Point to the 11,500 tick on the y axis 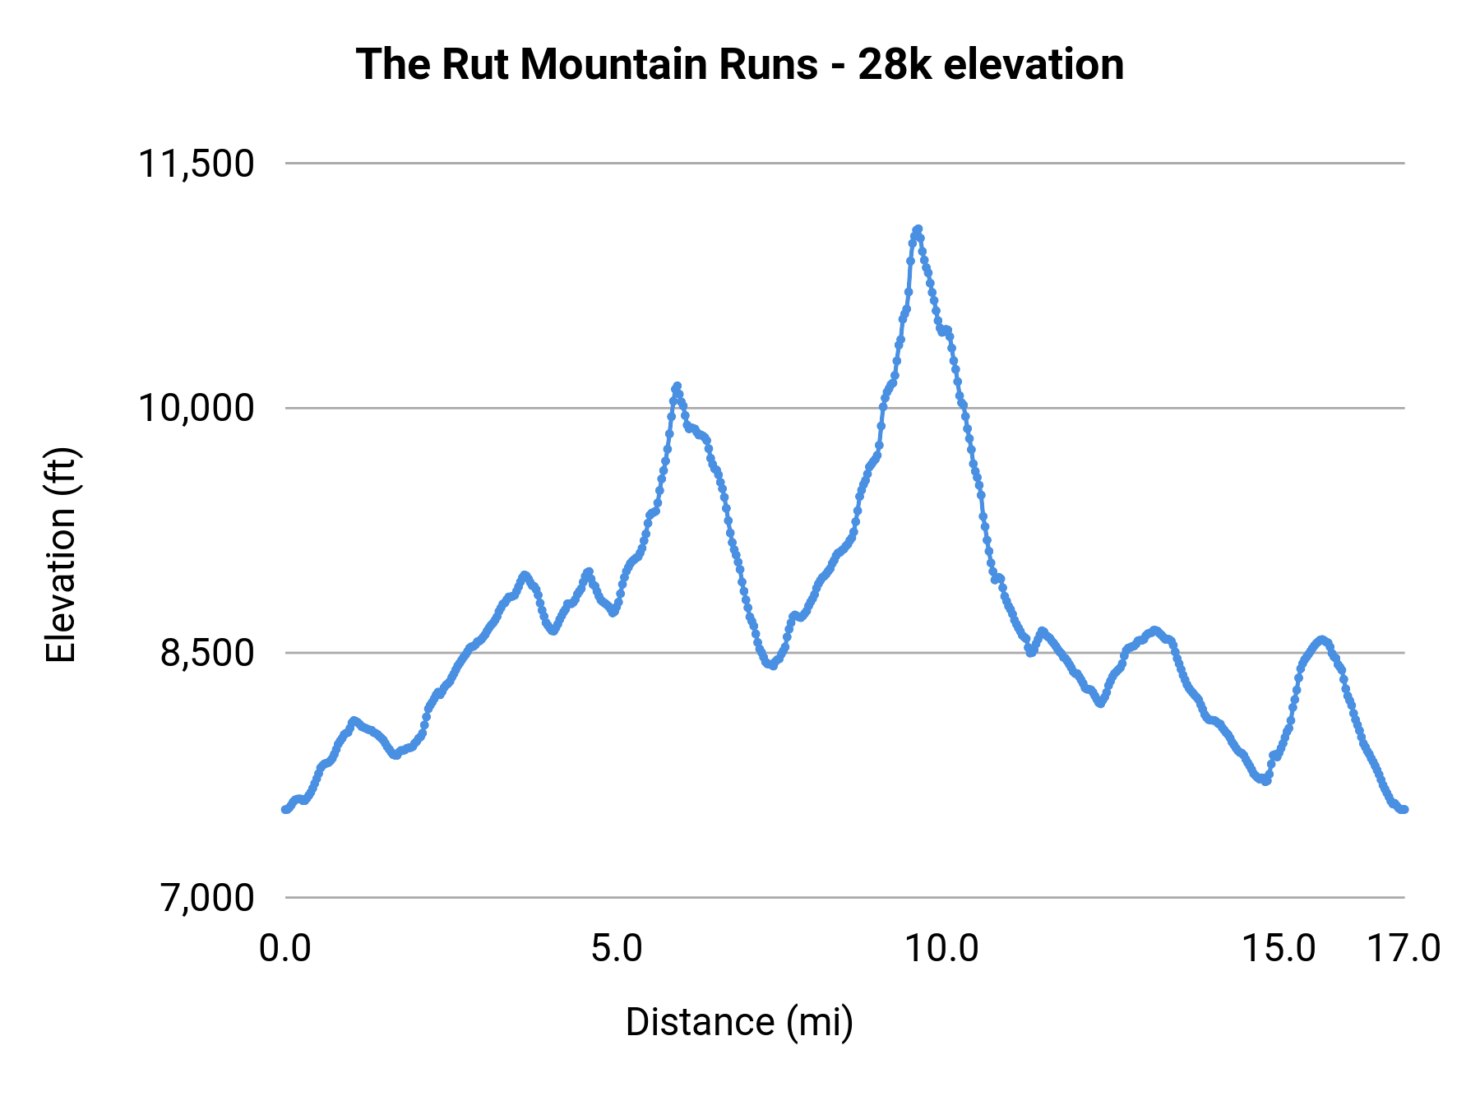[x=196, y=164]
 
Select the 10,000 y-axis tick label [x=196, y=408]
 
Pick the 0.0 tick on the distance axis [x=285, y=949]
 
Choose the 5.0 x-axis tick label [x=617, y=949]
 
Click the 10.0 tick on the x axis [x=942, y=949]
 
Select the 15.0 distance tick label [x=1279, y=949]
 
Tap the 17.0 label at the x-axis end [x=1404, y=949]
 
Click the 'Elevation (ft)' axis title [x=61, y=555]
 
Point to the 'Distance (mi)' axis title [x=739, y=1022]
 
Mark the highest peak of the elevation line [x=918, y=229]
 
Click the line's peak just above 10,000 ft [x=677, y=386]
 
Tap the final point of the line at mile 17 [x=1404, y=810]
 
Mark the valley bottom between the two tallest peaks [x=771, y=665]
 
